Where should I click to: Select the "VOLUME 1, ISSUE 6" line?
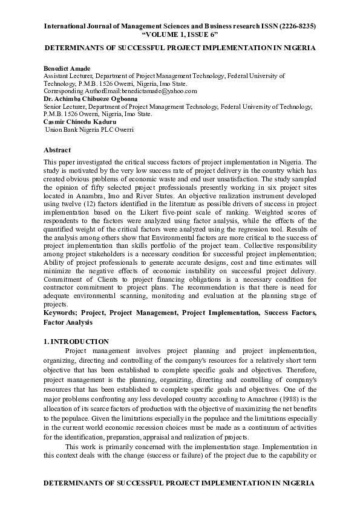pyautogui.click(x=180, y=36)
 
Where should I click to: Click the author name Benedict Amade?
pyautogui.click(x=67, y=69)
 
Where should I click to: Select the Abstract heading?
pyautogui.click(x=57, y=150)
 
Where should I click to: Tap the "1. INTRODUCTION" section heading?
pyautogui.click(x=76, y=342)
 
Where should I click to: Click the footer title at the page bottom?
pyautogui.click(x=180, y=484)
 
